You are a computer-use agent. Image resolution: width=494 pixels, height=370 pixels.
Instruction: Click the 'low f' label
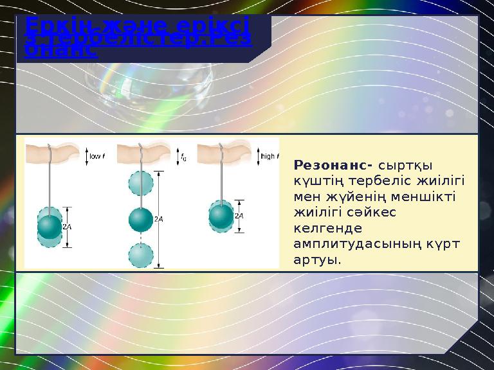[x=98, y=155]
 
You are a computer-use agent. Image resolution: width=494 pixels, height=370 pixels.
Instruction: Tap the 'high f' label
[x=270, y=155]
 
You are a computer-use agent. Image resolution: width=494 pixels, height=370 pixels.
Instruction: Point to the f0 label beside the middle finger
[x=184, y=155]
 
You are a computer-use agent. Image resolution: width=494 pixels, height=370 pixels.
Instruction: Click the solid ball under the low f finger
[x=49, y=225]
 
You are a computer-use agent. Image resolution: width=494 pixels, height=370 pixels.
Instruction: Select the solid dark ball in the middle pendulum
[x=140, y=219]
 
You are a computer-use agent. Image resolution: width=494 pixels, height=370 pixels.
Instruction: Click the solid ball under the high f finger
[x=221, y=215]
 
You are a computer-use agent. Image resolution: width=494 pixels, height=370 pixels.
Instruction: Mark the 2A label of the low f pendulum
[x=68, y=227]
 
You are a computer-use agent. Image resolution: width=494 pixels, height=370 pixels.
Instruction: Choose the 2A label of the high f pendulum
[x=239, y=216]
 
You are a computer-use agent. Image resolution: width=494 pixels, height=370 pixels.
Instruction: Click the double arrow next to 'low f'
[x=84, y=155]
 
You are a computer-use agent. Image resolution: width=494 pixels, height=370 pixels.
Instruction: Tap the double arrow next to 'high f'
[x=257, y=155]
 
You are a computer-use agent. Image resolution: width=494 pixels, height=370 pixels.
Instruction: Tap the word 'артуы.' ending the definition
[x=316, y=261]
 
